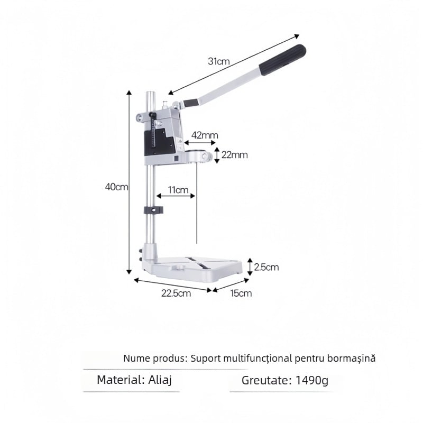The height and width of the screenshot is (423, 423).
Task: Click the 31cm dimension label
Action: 218,61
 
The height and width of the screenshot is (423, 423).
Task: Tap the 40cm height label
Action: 116,187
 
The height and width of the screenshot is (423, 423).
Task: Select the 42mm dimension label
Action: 205,135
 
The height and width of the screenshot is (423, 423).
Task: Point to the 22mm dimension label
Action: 234,155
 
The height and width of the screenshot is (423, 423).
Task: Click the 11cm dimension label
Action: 178,190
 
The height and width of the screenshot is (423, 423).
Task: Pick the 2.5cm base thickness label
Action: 266,267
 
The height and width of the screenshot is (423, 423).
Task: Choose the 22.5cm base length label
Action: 176,293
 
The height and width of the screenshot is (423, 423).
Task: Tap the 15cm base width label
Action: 241,293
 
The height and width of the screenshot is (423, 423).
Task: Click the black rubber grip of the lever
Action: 282,60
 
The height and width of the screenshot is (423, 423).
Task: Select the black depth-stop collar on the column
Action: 153,210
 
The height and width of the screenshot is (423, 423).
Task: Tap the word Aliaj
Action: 160,380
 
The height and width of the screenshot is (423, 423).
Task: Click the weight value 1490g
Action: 312,380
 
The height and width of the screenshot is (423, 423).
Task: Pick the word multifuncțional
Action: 258,358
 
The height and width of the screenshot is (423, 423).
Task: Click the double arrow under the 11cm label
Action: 176,196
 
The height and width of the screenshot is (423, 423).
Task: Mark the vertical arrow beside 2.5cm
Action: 250,267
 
